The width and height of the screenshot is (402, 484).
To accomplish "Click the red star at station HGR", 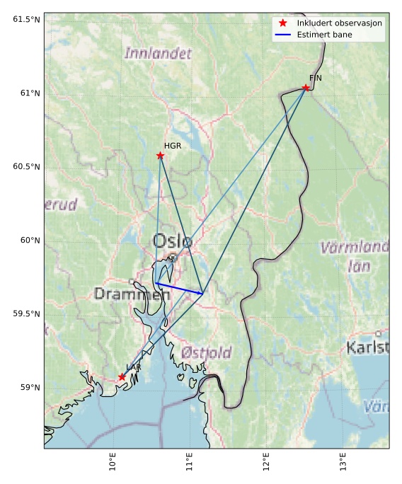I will (160, 156).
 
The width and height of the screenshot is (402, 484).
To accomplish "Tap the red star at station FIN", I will (306, 88).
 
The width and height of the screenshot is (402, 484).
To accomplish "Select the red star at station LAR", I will (122, 377).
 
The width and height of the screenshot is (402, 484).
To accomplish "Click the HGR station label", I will (173, 146).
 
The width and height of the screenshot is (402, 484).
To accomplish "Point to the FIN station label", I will (315, 78).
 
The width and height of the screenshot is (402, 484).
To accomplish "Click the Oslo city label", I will (172, 241).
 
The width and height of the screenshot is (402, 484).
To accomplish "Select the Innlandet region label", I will (158, 53).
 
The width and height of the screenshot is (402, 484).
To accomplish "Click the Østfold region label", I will (206, 352).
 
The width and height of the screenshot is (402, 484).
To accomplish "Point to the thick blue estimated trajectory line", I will (179, 288).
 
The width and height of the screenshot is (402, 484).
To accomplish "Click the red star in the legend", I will (282, 23).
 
